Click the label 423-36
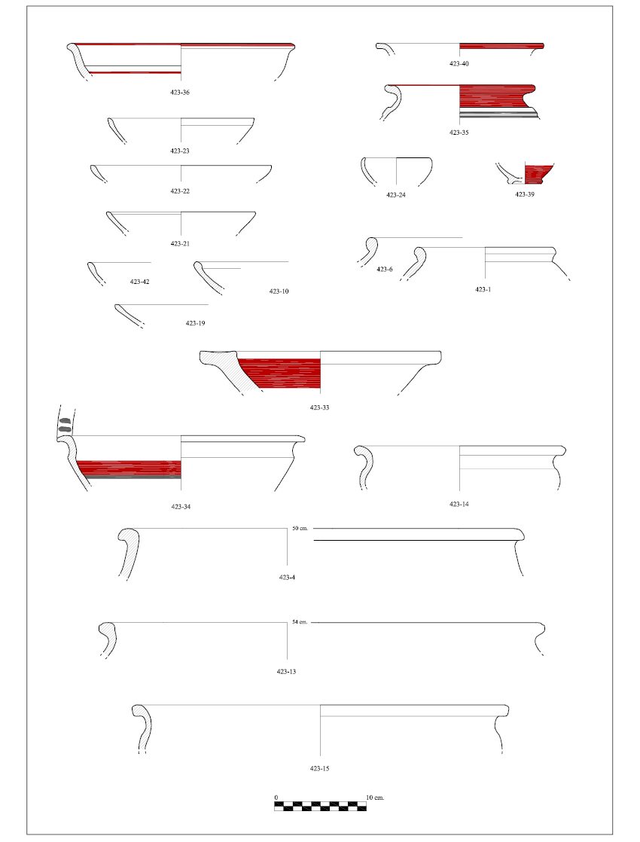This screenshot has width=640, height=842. pos(180,93)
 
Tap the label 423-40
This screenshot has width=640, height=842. pos(459,64)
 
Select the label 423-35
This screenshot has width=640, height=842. pos(459,133)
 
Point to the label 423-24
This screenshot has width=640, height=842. pos(396,195)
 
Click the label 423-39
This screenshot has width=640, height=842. pos(525,194)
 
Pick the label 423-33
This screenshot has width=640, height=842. pos(319,407)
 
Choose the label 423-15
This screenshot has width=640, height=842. pos(319,768)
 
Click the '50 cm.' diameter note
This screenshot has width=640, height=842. pos(300,529)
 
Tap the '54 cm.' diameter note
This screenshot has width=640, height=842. pos(300,622)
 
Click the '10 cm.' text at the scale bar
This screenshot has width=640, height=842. pos(375,798)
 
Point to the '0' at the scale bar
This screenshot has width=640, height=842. pos(276,798)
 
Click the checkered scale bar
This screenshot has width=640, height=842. pos(321,806)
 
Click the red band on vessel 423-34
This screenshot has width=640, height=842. pos(129,468)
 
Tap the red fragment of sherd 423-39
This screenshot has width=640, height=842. pos(538,173)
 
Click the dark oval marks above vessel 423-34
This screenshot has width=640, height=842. pos(65,425)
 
